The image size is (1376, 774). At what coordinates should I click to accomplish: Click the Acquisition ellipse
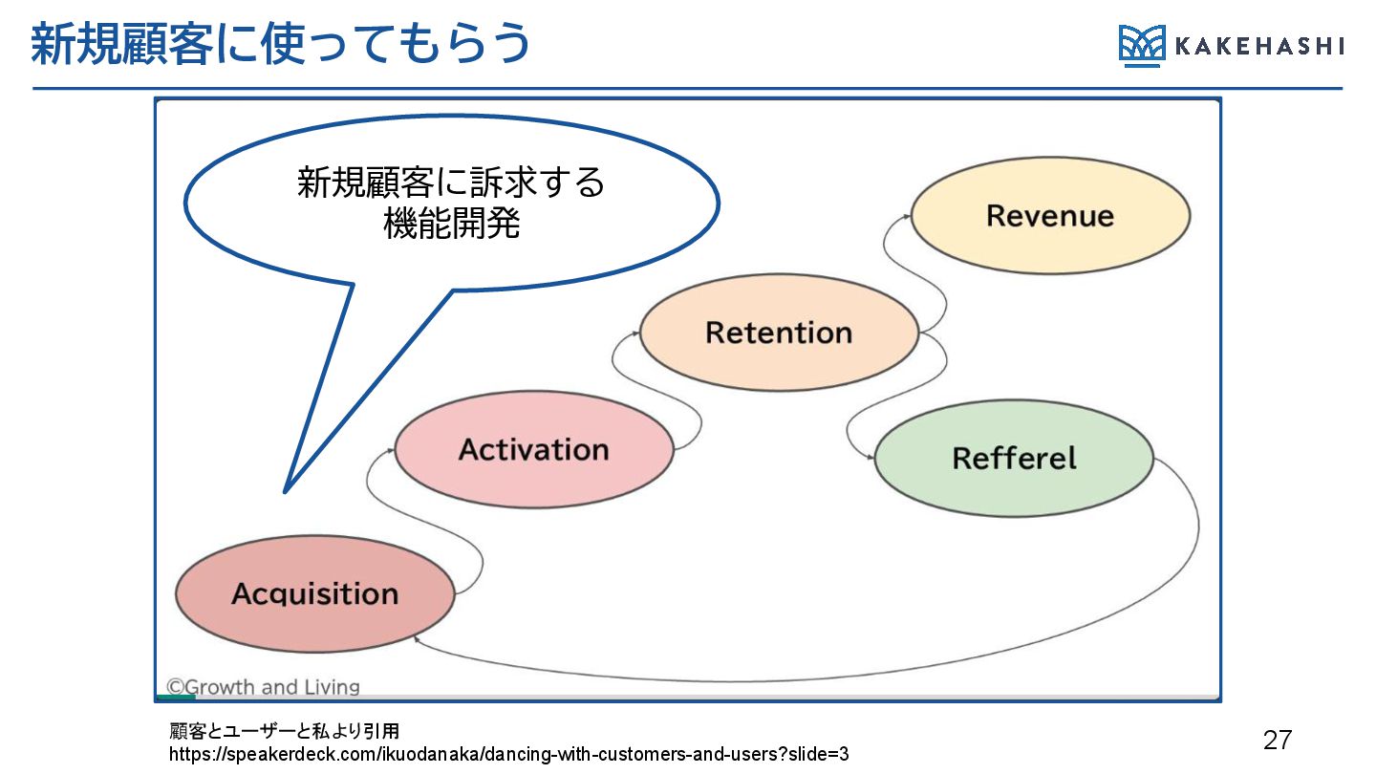click(314, 593)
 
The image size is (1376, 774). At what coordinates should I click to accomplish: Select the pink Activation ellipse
click(533, 450)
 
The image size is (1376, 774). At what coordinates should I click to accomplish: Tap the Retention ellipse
click(778, 333)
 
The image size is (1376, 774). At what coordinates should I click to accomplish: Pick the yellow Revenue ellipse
click(1049, 215)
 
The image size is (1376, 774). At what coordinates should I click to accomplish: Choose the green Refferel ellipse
click(1014, 458)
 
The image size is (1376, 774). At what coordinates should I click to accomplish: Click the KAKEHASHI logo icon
click(1142, 46)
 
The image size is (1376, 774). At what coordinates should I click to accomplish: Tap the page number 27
click(1277, 740)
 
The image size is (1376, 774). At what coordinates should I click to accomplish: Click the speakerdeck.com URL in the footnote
click(508, 754)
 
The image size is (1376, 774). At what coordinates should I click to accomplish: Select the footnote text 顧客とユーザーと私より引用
click(285, 732)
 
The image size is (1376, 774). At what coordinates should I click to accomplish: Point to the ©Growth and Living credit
click(263, 687)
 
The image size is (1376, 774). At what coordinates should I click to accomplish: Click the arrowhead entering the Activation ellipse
click(392, 449)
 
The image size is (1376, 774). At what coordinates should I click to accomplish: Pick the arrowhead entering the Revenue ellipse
click(908, 216)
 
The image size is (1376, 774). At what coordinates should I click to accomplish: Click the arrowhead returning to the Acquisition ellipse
click(418, 637)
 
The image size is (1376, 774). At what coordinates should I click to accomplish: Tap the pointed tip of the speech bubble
click(285, 491)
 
